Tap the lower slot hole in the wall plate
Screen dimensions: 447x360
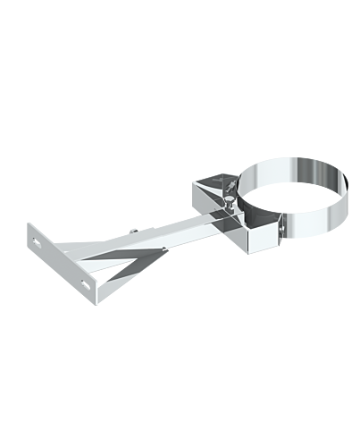[87, 283]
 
